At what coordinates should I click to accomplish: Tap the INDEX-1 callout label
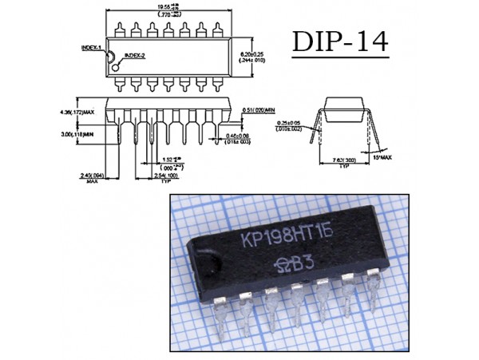point(91,47)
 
